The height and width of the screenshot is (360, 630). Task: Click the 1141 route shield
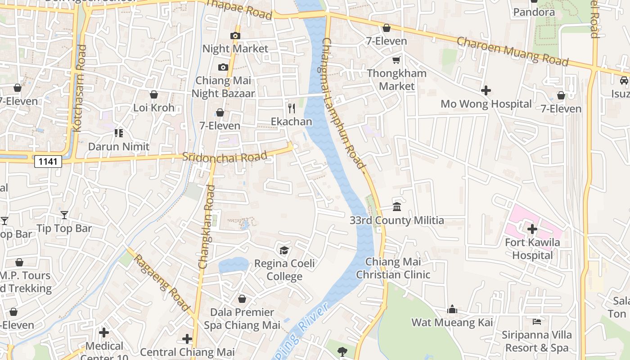coord(48,161)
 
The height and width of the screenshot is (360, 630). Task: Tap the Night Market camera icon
coord(235,36)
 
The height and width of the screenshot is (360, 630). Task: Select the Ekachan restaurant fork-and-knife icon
coord(292,108)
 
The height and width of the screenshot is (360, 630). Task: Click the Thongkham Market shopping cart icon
coord(396,60)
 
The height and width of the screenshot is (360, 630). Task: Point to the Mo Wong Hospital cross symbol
coord(486,91)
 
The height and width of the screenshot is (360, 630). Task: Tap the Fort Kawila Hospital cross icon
coord(532,229)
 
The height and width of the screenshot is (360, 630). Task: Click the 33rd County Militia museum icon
coord(397,207)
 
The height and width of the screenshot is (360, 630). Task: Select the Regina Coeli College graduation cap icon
coord(284,250)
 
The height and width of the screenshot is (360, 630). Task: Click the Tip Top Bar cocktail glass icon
coord(64,215)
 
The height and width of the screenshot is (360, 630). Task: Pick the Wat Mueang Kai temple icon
coord(452,309)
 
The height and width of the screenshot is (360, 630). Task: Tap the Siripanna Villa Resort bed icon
coord(537,321)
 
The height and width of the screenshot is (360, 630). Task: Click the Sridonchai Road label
coord(225,157)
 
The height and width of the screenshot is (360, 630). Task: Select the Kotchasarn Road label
coord(79,88)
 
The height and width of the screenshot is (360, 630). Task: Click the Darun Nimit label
coord(119,147)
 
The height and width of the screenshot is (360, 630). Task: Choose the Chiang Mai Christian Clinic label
coord(393,268)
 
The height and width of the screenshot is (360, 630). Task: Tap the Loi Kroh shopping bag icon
coord(154,94)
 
